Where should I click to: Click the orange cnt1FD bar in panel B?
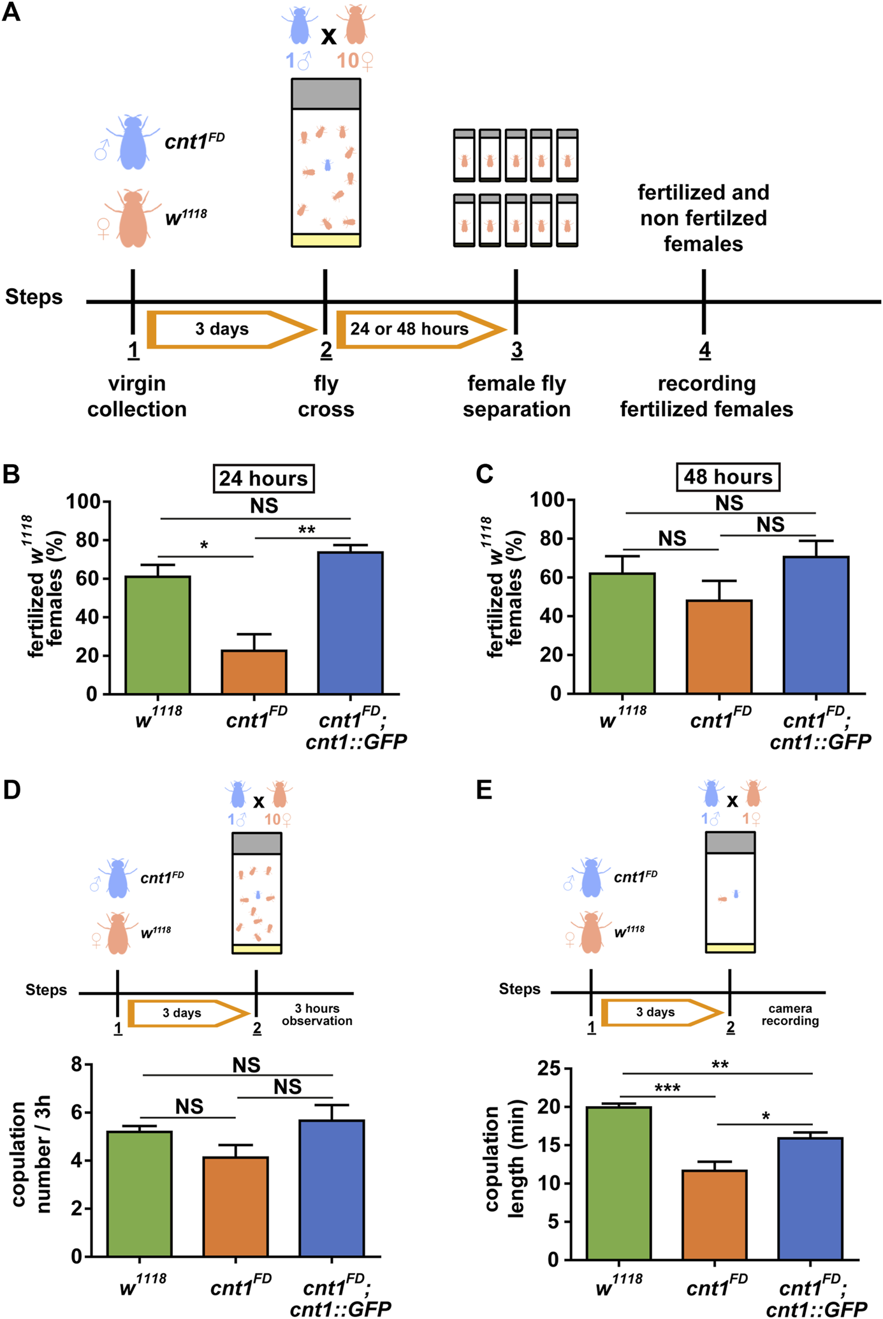click(254, 672)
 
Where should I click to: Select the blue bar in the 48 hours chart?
click(816, 625)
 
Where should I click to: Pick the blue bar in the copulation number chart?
click(332, 1188)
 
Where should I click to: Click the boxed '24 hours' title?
click(263, 479)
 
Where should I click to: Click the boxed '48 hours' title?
click(728, 477)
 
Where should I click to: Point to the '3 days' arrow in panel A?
click(230, 330)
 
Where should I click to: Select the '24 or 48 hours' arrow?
click(418, 330)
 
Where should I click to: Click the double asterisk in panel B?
click(307, 530)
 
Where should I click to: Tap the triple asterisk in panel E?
click(667, 1088)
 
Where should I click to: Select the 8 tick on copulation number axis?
click(77, 1064)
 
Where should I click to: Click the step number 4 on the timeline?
click(704, 350)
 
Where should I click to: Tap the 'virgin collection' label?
click(137, 396)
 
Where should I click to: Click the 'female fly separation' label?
click(516, 396)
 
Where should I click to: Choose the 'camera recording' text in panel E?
click(790, 1014)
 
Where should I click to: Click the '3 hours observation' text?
click(317, 1014)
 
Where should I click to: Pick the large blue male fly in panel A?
click(133, 143)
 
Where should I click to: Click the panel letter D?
click(12, 789)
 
